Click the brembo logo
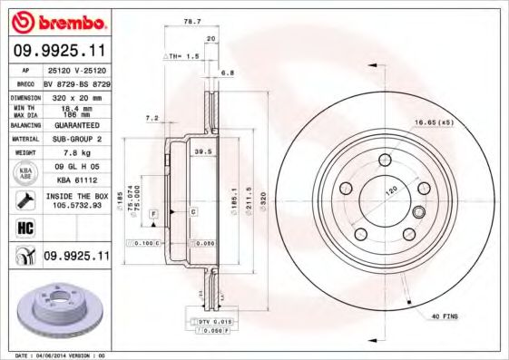56,21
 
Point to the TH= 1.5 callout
184,56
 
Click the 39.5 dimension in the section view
203,152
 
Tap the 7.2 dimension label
152,118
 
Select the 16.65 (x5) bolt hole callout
434,122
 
